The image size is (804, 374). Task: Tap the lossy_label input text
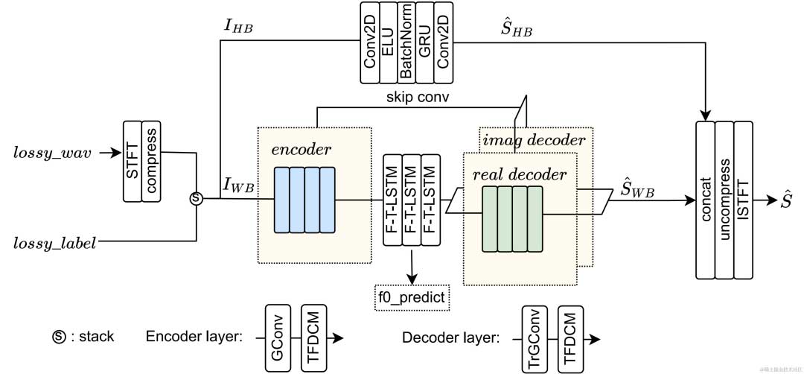[x=55, y=242]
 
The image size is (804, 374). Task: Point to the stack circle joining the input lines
[x=195, y=198]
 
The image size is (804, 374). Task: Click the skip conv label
[x=418, y=98]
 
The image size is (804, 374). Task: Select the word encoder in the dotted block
[x=301, y=149]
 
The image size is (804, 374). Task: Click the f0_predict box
[x=412, y=298]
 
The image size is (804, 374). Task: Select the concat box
[x=704, y=199]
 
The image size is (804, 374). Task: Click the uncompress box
[x=724, y=199]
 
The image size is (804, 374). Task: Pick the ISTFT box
[x=743, y=199]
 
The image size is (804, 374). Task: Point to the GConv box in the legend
[x=276, y=337]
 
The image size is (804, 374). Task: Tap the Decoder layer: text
[x=450, y=337]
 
